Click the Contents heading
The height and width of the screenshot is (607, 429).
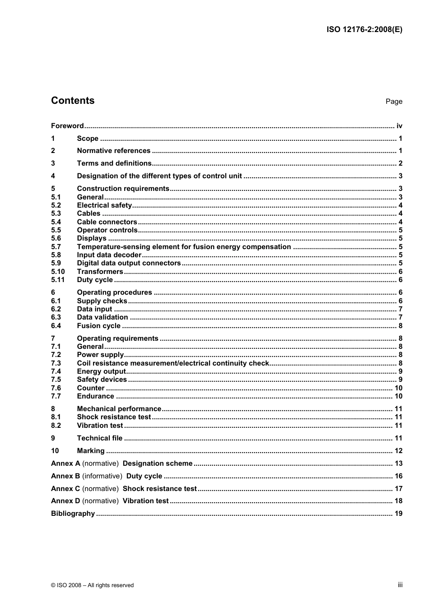click(x=73, y=101)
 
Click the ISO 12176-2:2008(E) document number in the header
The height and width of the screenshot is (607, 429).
click(x=364, y=30)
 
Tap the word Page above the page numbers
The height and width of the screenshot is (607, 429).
click(x=394, y=102)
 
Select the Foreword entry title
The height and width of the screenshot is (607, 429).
click(x=67, y=126)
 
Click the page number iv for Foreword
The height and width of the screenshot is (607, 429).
click(x=399, y=126)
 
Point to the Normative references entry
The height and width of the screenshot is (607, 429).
click(x=113, y=151)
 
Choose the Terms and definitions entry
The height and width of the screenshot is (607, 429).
click(x=114, y=163)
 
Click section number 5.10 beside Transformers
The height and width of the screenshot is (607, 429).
click(x=58, y=272)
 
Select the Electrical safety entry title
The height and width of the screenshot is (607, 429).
click(x=104, y=205)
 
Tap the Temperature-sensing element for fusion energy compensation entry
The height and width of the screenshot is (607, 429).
click(x=184, y=247)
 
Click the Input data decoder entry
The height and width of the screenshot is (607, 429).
click(x=109, y=255)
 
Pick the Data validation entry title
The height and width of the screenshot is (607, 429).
click(x=103, y=317)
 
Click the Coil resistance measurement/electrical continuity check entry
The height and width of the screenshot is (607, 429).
click(x=173, y=363)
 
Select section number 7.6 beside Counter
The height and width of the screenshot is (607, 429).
click(x=56, y=388)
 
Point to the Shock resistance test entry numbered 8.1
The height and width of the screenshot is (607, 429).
click(x=114, y=417)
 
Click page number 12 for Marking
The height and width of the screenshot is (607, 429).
click(x=398, y=451)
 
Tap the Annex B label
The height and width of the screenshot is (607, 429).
click(x=65, y=476)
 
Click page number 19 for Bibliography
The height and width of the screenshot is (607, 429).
click(x=398, y=514)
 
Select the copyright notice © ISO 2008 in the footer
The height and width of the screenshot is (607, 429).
click(x=92, y=585)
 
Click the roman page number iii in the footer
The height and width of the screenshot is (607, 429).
click(x=400, y=585)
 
